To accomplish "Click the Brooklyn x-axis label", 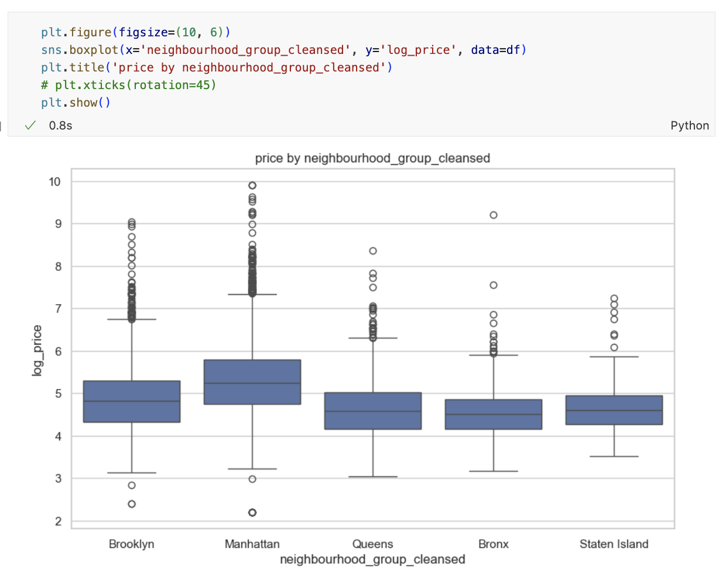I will click(131, 544).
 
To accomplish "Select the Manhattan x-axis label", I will click(252, 544).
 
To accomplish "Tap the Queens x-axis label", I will click(372, 544).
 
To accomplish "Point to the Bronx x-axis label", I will click(493, 544).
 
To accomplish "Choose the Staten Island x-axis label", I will click(614, 544).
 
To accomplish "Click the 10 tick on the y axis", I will click(55, 182).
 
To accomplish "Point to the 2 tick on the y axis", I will click(58, 521).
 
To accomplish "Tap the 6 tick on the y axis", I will click(58, 352).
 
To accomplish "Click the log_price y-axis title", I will click(37, 350).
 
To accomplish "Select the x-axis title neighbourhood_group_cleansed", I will click(372, 559).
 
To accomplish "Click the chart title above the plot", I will click(372, 158).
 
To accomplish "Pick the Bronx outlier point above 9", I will click(494, 215).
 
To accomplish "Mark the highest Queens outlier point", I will click(373, 251).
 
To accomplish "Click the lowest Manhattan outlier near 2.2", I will click(252, 512).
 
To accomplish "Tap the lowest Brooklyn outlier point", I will click(132, 504).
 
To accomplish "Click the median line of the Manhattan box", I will click(252, 383).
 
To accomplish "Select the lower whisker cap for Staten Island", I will click(614, 456).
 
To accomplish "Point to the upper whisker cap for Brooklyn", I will click(132, 319).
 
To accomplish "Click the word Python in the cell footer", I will click(689, 125).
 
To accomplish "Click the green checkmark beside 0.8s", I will click(31, 125).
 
